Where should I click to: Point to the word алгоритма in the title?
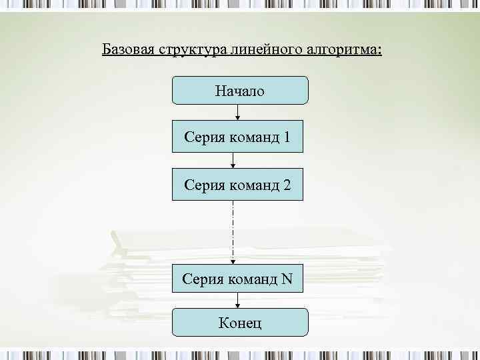coord(341,50)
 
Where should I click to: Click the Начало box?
coord(240,91)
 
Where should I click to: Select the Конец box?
coord(240,323)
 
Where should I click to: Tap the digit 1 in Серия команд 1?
coord(287,137)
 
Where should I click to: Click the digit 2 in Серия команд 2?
coord(287,184)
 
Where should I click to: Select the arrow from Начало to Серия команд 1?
coord(238,113)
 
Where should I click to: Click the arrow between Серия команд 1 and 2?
coord(233,161)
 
